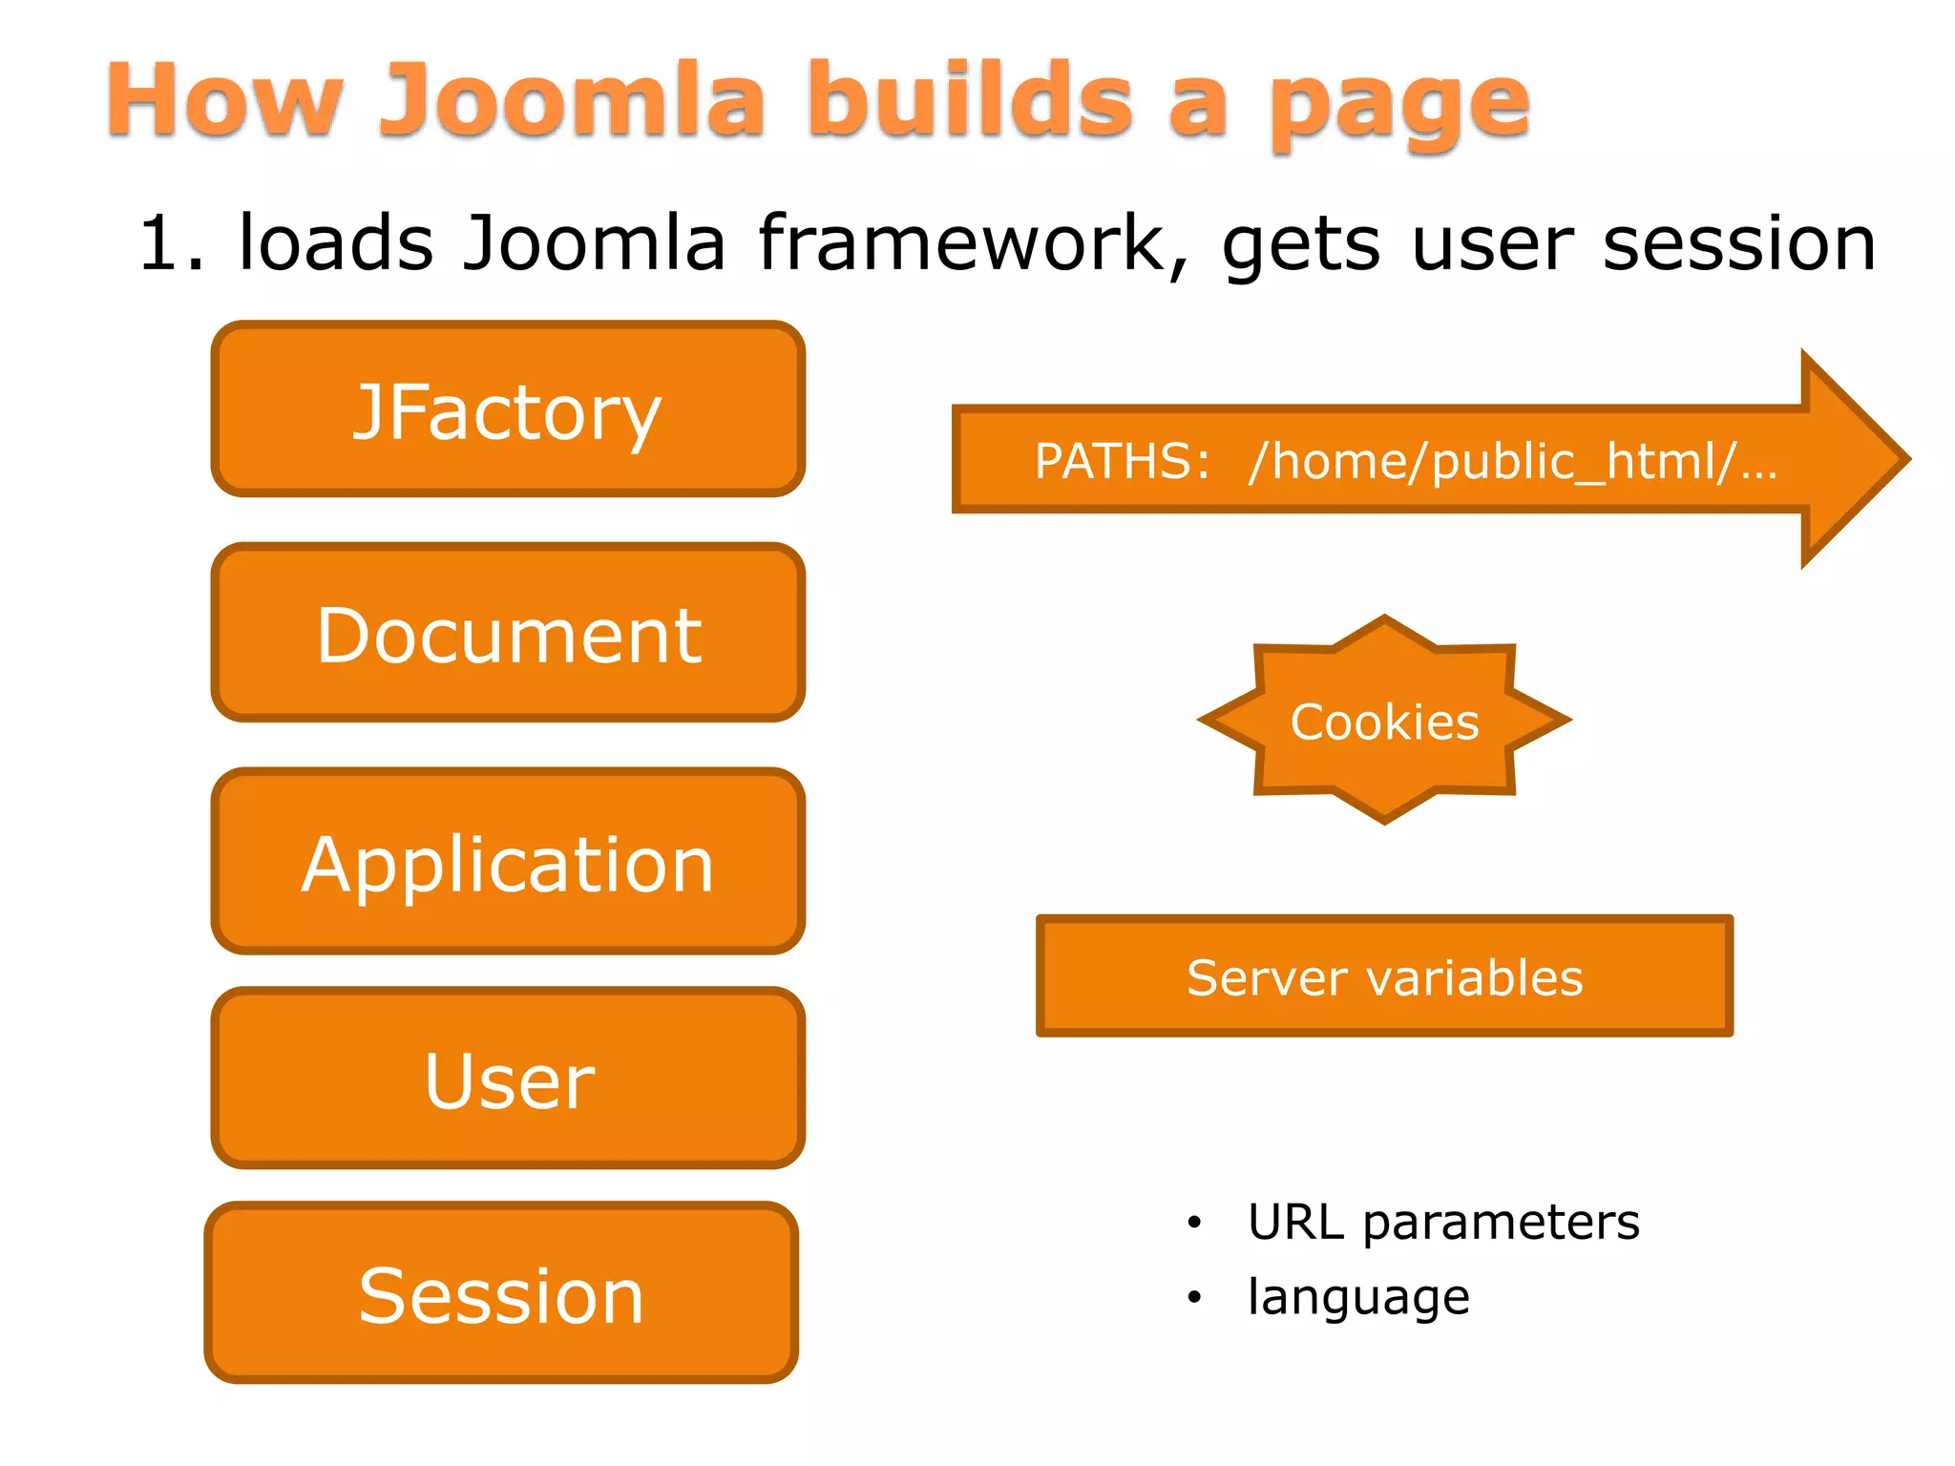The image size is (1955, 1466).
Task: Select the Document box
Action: [507, 634]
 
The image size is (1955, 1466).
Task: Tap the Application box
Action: [507, 862]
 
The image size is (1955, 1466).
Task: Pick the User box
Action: [507, 1079]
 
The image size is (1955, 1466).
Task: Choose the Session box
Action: [501, 1293]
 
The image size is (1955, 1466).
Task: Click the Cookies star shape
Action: [1384, 721]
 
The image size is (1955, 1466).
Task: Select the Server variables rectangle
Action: [1384, 976]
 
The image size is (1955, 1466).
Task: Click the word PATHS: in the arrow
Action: [1123, 461]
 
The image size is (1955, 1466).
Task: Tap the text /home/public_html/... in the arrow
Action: [1512, 461]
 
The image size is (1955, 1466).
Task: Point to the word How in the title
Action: [223, 99]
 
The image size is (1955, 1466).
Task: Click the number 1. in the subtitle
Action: [172, 244]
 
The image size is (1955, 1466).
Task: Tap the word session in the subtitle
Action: [1738, 244]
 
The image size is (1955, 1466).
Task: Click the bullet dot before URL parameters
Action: [1194, 1223]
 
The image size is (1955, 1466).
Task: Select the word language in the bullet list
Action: [1358, 1297]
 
